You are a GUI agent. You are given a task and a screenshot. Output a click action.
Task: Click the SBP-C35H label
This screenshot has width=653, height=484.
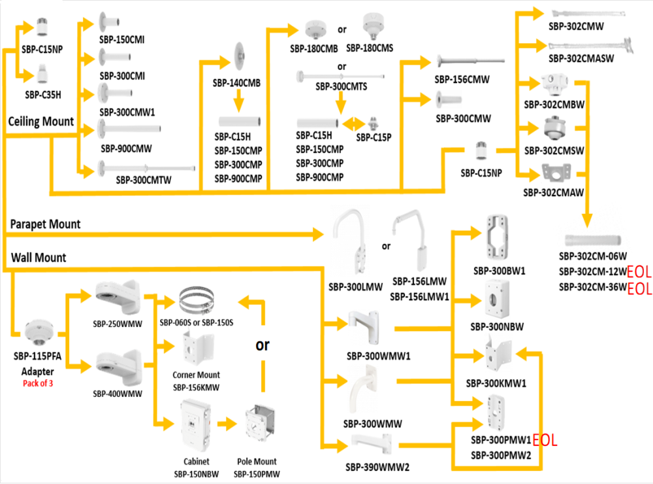(x=43, y=95)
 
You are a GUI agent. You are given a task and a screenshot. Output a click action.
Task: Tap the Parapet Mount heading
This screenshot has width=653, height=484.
(x=46, y=224)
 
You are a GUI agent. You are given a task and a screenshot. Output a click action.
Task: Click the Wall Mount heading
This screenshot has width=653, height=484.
(x=39, y=258)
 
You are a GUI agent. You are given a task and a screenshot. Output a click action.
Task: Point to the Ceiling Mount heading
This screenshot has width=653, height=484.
(x=40, y=122)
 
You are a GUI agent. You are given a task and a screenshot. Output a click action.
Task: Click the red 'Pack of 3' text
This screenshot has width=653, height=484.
(x=38, y=383)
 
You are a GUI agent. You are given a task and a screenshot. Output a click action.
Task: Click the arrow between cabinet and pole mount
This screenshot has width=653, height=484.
(x=226, y=424)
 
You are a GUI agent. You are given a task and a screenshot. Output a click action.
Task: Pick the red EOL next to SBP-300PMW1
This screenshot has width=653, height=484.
(x=545, y=440)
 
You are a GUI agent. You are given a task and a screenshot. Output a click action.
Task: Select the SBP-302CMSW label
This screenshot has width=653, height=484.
(x=554, y=151)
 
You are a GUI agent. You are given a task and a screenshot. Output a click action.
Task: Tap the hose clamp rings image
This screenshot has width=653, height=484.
(x=198, y=300)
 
